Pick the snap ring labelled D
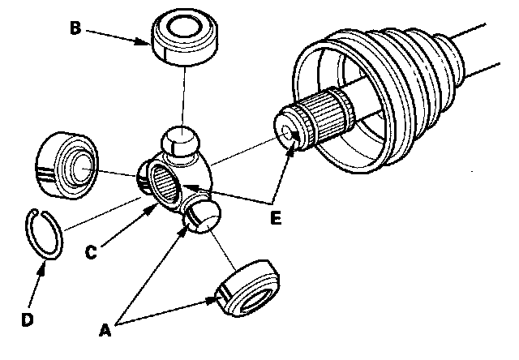click(x=45, y=232)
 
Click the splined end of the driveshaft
click(x=320, y=120)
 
